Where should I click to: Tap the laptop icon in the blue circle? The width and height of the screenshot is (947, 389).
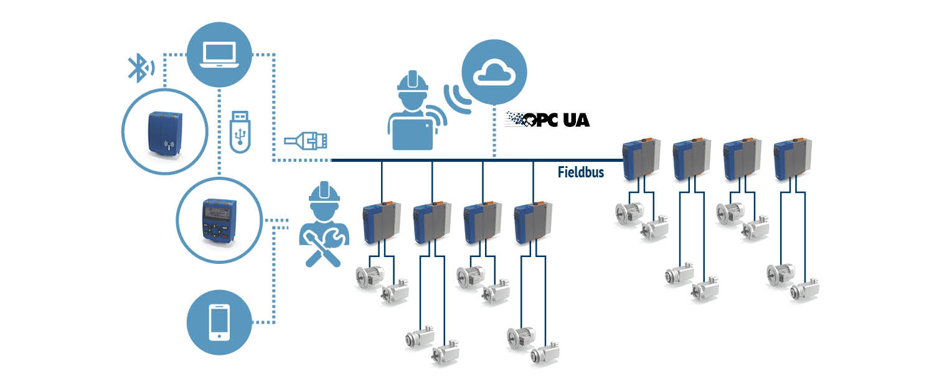pyautogui.click(x=219, y=54)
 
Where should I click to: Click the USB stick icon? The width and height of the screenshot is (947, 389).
pyautogui.click(x=241, y=130)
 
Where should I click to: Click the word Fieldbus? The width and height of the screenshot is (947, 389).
pyautogui.click(x=580, y=172)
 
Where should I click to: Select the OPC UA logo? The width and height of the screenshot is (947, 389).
pyautogui.click(x=547, y=120)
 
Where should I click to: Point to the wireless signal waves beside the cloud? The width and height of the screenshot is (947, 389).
pyautogui.click(x=455, y=96)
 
